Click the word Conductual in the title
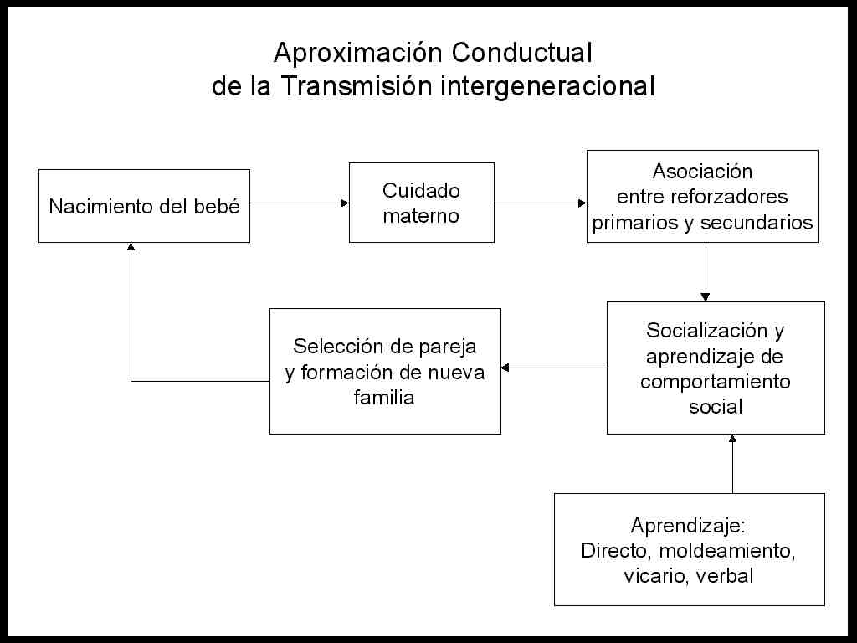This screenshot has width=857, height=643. tap(522, 53)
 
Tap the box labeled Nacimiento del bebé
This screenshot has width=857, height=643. tap(144, 206)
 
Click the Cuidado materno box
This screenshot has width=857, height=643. tap(422, 203)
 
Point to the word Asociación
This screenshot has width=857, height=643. tap(702, 172)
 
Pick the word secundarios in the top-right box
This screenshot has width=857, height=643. tap(757, 223)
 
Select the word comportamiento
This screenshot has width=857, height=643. tap(716, 381)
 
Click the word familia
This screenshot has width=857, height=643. tap(384, 397)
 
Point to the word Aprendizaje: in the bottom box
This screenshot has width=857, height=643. tap(688, 526)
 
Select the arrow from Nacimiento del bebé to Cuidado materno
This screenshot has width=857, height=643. tap(300, 203)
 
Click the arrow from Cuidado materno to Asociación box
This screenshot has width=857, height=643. tap(541, 203)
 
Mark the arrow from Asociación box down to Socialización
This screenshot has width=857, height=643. tap(706, 272)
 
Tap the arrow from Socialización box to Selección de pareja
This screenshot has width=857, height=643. tap(554, 368)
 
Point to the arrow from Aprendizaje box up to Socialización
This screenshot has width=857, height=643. tap(733, 464)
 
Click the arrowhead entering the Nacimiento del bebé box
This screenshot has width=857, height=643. tap(131, 247)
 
